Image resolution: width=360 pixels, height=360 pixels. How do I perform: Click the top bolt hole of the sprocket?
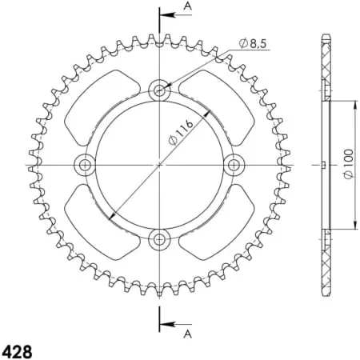(160, 90)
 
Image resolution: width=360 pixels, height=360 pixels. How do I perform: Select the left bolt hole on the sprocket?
(84, 165)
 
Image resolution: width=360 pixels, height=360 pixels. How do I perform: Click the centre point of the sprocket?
(160, 165)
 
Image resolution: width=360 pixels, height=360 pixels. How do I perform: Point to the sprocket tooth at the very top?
(160, 38)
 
